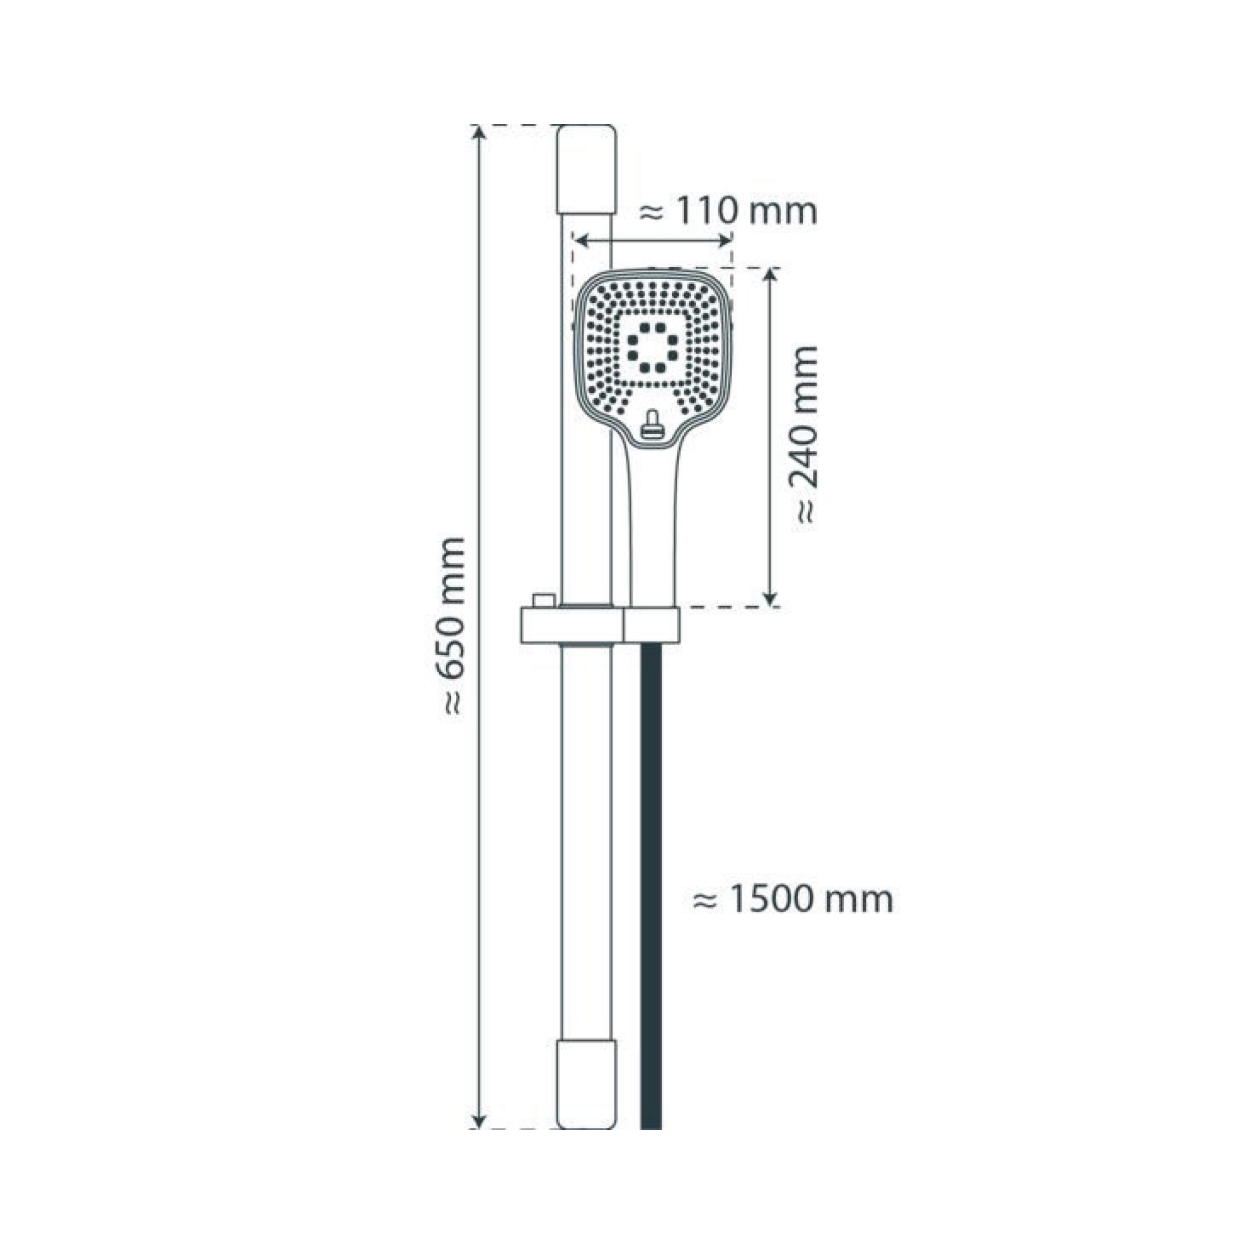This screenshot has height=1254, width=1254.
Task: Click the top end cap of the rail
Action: tap(586, 169)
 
